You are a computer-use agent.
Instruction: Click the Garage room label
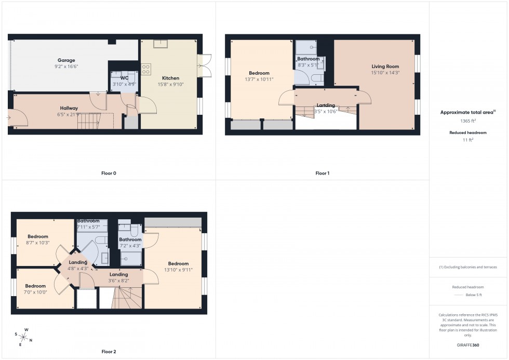tap(66, 60)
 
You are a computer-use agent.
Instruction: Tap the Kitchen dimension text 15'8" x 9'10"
tap(171, 84)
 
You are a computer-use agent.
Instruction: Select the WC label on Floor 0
tap(124, 78)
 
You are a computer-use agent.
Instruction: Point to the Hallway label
tap(69, 108)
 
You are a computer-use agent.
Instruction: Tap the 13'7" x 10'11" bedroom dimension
tap(259, 79)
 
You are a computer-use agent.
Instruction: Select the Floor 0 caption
tap(109, 173)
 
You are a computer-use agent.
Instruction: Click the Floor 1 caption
tap(322, 173)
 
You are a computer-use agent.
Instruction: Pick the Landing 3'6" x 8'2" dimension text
tap(118, 281)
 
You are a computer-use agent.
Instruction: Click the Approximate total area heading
tap(467, 112)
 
